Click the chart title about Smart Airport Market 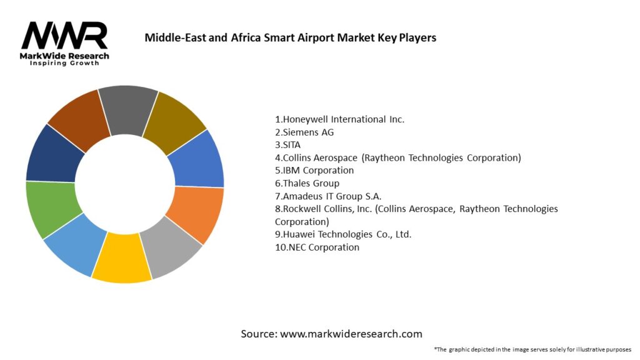coord(290,37)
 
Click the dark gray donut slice coord(127,102)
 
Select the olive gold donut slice coord(176,118)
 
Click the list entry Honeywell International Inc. coord(339,119)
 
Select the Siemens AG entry coord(308,132)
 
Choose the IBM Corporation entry coord(314,170)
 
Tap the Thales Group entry coord(307,183)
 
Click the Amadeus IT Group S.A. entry coord(327,196)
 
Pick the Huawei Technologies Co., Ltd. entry coord(343,234)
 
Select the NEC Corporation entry coord(317,247)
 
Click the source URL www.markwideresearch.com coord(351,334)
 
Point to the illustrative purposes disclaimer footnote coord(532,349)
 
